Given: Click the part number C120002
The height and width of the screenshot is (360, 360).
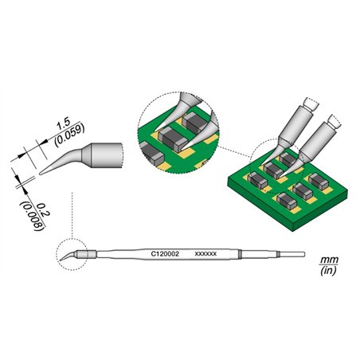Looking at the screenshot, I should [x=164, y=252].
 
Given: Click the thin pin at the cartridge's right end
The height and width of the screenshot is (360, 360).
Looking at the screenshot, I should [x=292, y=255].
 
